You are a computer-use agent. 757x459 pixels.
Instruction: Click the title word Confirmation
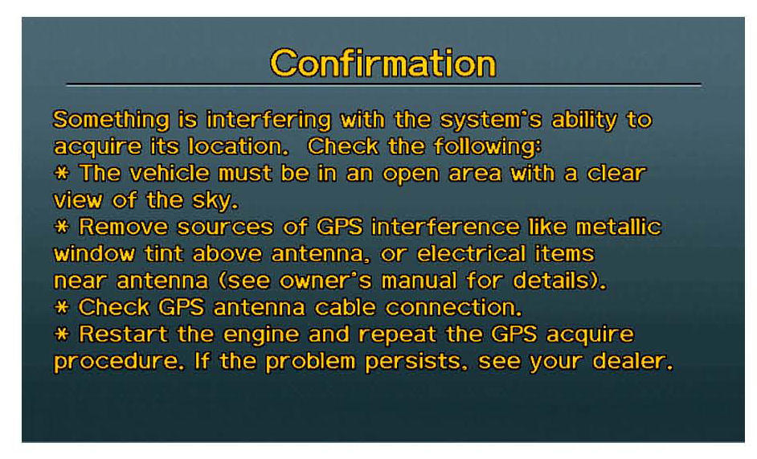click(x=383, y=64)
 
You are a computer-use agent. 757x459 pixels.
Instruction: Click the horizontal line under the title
click(x=383, y=85)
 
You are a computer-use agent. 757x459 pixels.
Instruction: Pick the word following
click(x=488, y=147)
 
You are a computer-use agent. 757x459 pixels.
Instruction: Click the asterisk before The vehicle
click(x=61, y=173)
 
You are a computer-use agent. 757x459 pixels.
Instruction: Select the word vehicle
click(x=170, y=174)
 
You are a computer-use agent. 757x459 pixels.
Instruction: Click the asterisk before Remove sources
click(x=61, y=226)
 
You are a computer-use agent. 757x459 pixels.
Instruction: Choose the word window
click(x=94, y=254)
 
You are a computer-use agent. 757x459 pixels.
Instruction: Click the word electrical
click(x=471, y=254)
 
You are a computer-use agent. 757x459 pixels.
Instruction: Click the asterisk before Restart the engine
click(x=61, y=334)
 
